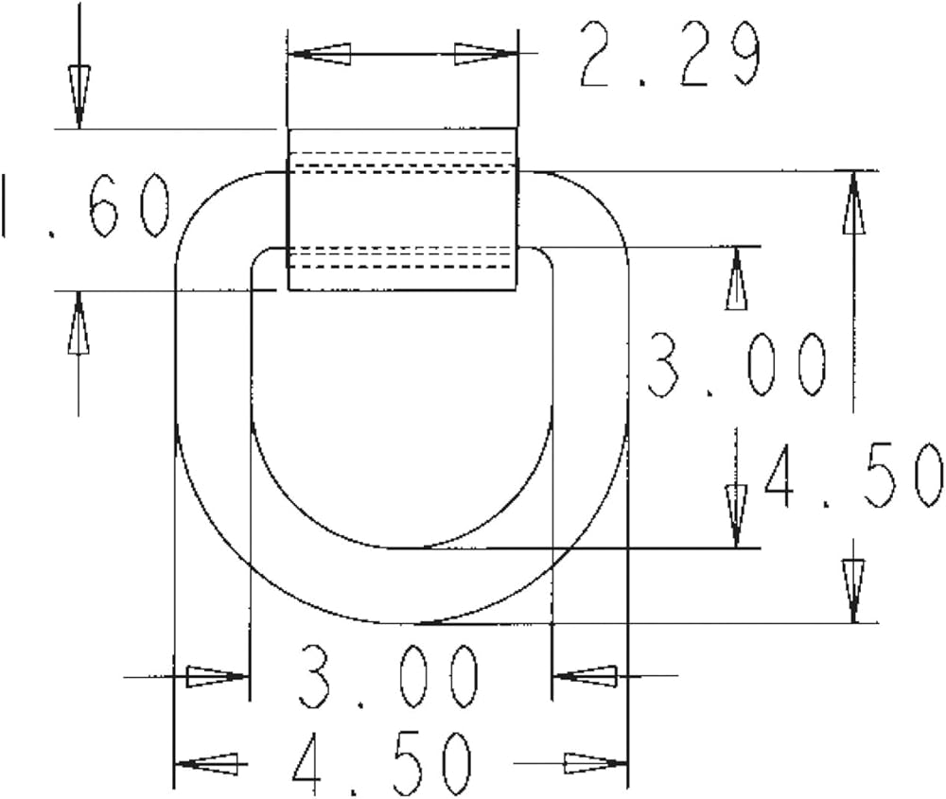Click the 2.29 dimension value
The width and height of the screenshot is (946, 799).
(669, 54)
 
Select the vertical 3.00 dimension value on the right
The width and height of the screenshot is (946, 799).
(737, 365)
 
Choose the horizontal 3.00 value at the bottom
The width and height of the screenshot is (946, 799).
(389, 677)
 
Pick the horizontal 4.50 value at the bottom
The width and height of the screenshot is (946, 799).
(381, 763)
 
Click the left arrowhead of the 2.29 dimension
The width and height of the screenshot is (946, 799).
(320, 54)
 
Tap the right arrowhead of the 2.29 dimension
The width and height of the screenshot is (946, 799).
(485, 54)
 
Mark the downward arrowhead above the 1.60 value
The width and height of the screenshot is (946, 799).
(79, 96)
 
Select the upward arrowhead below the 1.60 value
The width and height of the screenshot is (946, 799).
(79, 322)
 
